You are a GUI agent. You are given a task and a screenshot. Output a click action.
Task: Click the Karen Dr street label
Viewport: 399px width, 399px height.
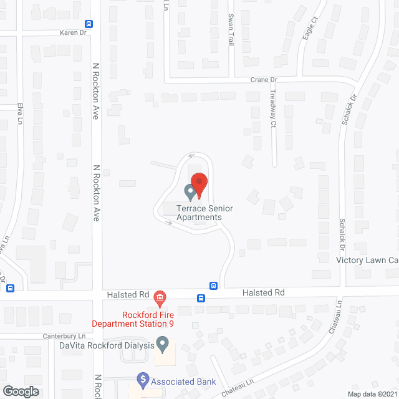pyautogui.click(x=73, y=32)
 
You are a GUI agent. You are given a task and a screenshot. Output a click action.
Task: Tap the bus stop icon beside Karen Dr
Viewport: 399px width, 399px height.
pyautogui.click(x=89, y=24)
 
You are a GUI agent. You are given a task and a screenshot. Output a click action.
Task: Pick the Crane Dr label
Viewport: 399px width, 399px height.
pyautogui.click(x=263, y=80)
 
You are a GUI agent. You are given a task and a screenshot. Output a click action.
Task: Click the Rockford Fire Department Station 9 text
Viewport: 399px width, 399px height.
pyautogui.click(x=132, y=319)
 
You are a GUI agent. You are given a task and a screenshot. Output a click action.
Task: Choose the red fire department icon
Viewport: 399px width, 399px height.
pyautogui.click(x=160, y=297)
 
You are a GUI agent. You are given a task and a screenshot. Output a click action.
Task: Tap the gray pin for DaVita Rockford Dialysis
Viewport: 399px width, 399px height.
pyautogui.click(x=163, y=343)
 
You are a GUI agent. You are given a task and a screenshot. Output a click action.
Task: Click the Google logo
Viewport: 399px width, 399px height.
pyautogui.click(x=20, y=391)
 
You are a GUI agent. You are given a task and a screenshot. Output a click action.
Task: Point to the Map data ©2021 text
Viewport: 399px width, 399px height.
pyautogui.click(x=371, y=394)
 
